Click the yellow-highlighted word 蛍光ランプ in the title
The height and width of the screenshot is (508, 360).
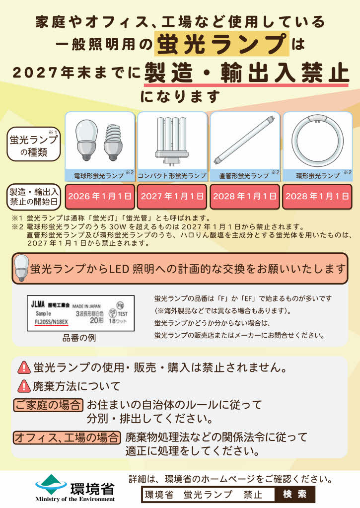[221, 44]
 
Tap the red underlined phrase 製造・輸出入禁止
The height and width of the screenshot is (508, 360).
[246, 73]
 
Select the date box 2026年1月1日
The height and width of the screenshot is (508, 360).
[100, 196]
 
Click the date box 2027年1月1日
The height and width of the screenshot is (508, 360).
[172, 196]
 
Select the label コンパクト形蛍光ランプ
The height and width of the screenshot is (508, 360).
[172, 176]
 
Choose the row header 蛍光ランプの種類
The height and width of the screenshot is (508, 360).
[33, 145]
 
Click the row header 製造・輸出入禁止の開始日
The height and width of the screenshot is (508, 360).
[33, 197]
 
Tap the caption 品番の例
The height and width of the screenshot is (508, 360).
[79, 338]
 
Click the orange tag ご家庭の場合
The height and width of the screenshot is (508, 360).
[48, 404]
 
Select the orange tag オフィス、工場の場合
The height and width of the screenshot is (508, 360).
[67, 437]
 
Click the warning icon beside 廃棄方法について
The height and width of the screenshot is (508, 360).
[24, 385]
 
